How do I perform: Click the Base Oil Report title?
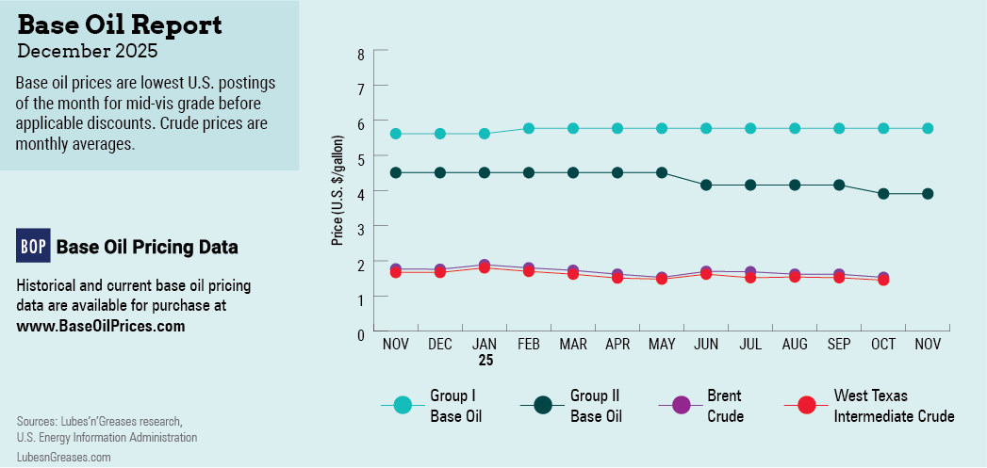(120, 24)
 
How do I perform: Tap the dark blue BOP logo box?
(33, 246)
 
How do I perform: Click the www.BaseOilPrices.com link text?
(101, 326)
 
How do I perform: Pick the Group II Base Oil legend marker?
(543, 405)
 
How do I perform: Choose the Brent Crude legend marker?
(682, 405)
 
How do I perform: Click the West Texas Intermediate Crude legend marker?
(806, 405)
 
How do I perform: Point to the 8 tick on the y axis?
(360, 55)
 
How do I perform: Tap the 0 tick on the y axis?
(360, 332)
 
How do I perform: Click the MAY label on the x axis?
(662, 346)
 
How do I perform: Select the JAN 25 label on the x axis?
(485, 352)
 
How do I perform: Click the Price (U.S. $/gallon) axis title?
(337, 191)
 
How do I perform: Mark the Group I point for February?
(529, 128)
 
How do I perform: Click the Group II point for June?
(706, 185)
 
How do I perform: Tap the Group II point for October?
(883, 194)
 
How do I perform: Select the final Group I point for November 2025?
(928, 128)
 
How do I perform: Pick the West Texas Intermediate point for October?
(883, 280)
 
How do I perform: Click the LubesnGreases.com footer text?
(63, 456)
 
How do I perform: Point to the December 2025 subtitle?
(88, 51)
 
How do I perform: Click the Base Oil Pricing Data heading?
(147, 247)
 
